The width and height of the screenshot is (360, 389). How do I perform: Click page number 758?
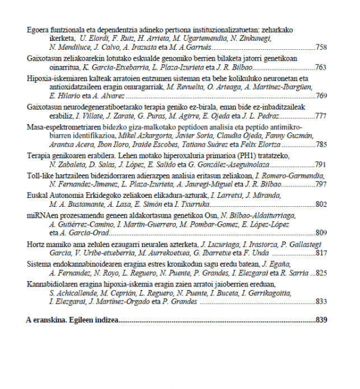(x=321, y=47)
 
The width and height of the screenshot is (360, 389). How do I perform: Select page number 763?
(x=321, y=68)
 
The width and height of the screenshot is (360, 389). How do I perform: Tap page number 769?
(x=321, y=95)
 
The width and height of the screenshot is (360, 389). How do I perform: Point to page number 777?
(x=321, y=116)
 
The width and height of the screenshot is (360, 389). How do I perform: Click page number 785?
(x=321, y=144)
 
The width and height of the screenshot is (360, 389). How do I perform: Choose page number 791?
(x=321, y=164)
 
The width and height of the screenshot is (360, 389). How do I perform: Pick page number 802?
(x=321, y=204)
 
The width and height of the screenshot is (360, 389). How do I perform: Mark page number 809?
(x=321, y=233)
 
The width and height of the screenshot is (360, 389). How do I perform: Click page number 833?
(x=321, y=301)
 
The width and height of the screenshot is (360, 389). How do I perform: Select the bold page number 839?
(x=321, y=320)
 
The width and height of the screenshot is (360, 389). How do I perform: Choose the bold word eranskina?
(x=49, y=320)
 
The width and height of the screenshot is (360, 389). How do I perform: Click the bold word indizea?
(x=105, y=320)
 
